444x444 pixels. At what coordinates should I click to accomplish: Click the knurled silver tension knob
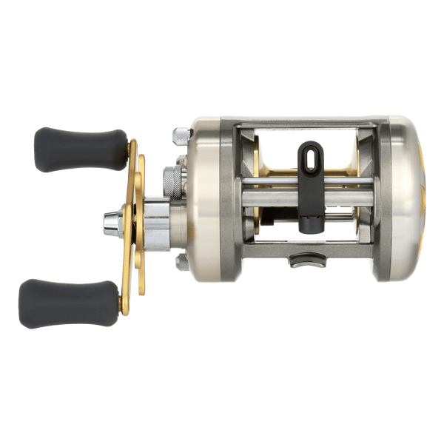point(170,181)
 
